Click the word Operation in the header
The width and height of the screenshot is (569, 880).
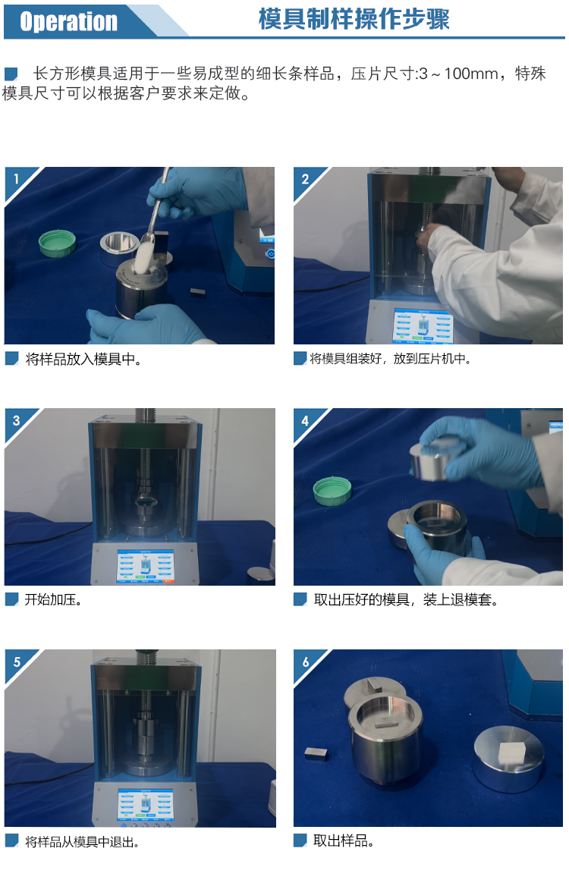[68, 21]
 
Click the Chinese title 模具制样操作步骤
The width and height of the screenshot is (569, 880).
[354, 19]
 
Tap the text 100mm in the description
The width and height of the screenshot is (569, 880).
[471, 74]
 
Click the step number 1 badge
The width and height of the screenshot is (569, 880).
[16, 178]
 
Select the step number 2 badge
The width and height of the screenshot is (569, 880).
[305, 179]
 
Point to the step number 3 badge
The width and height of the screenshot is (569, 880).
[16, 420]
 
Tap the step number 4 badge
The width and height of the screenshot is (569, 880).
[305, 421]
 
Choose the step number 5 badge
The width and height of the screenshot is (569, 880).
[16, 662]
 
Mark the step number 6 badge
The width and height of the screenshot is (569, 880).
[305, 662]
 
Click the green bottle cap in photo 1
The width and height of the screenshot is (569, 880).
[57, 243]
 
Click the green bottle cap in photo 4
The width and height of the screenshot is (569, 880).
[332, 491]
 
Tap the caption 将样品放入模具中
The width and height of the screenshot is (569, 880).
[83, 359]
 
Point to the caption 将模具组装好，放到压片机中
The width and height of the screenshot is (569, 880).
[390, 359]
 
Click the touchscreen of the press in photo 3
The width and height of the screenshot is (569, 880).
[146, 566]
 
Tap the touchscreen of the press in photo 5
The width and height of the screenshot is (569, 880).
[146, 805]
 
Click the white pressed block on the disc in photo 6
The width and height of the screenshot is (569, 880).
[512, 751]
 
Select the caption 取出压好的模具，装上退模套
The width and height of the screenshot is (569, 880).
[406, 599]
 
